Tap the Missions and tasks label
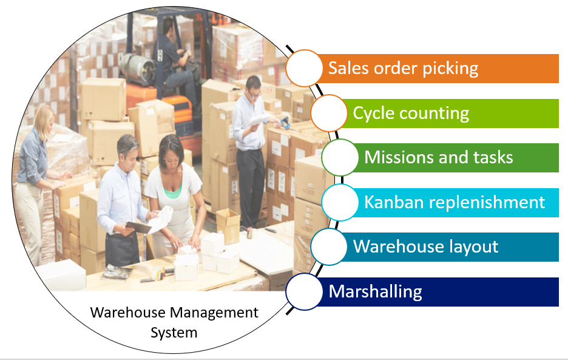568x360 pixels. pos(438,158)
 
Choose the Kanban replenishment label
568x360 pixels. pos(455,202)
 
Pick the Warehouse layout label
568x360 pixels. pos(425,247)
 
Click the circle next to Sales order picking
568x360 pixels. pos(303,68)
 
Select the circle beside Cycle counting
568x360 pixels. pos(329,113)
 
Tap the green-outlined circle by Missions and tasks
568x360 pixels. pos(340,157)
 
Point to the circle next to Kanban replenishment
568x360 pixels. pos(340,202)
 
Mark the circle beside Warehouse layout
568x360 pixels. pos(329,247)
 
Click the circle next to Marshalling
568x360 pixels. pos(303,292)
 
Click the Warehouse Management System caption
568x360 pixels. pos(174,322)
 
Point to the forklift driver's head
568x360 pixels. pos(168,27)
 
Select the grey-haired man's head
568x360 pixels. pos(127,148)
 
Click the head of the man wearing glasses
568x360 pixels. pos(254,87)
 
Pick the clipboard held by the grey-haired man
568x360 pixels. pos(138,227)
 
